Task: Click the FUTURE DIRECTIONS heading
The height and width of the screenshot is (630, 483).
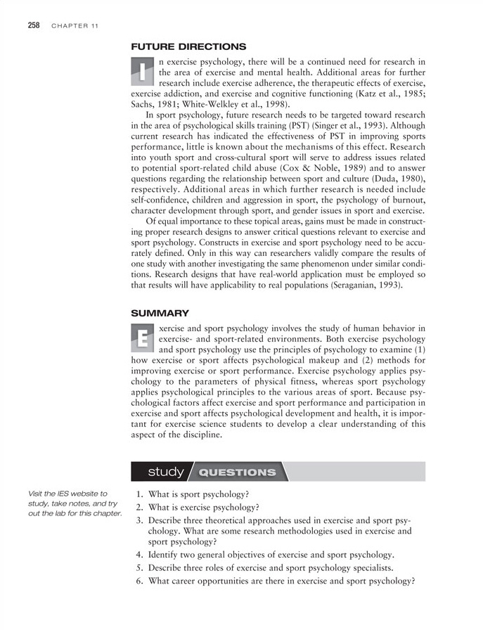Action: (x=188, y=47)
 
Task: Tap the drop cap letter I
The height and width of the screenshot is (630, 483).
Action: (x=143, y=71)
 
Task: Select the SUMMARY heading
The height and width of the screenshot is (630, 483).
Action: (x=160, y=311)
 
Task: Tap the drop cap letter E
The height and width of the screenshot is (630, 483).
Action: (x=143, y=340)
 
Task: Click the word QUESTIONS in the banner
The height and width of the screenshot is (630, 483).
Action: (x=236, y=472)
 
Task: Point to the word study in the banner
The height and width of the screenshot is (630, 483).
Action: (x=166, y=471)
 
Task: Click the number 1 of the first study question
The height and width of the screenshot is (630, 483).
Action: (x=139, y=494)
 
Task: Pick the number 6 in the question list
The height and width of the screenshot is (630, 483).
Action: (x=139, y=581)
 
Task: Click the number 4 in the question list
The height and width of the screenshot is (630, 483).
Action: (x=139, y=554)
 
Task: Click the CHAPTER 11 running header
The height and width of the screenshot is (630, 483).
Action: (x=75, y=26)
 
